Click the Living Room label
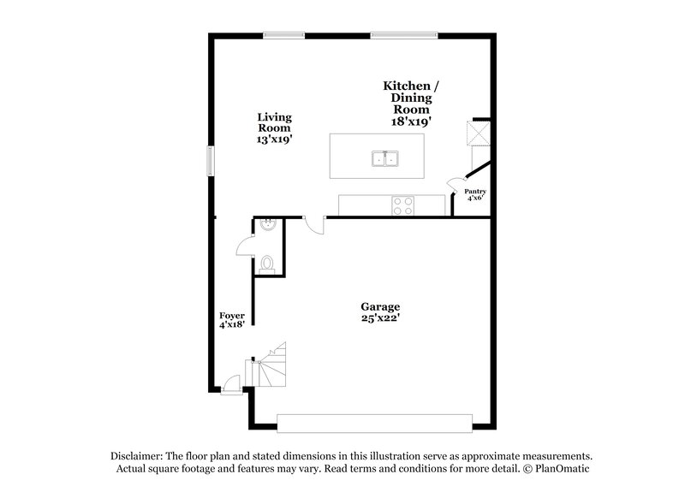click(275, 127)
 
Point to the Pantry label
click(475, 194)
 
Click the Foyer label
click(233, 320)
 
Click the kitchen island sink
click(384, 158)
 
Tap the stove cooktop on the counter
click(402, 205)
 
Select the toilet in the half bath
click(267, 264)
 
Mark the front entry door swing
click(230, 385)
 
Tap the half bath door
click(245, 246)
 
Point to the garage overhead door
click(374, 421)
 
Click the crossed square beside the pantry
click(476, 133)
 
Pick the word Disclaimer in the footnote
click(139, 456)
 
